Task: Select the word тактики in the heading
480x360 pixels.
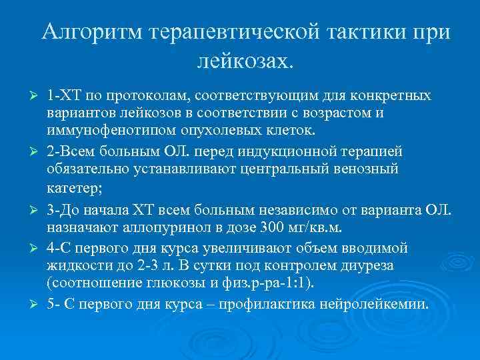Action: click(346, 33)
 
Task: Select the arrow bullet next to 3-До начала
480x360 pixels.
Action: click(27, 211)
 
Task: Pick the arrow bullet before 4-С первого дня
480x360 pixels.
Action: click(27, 249)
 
